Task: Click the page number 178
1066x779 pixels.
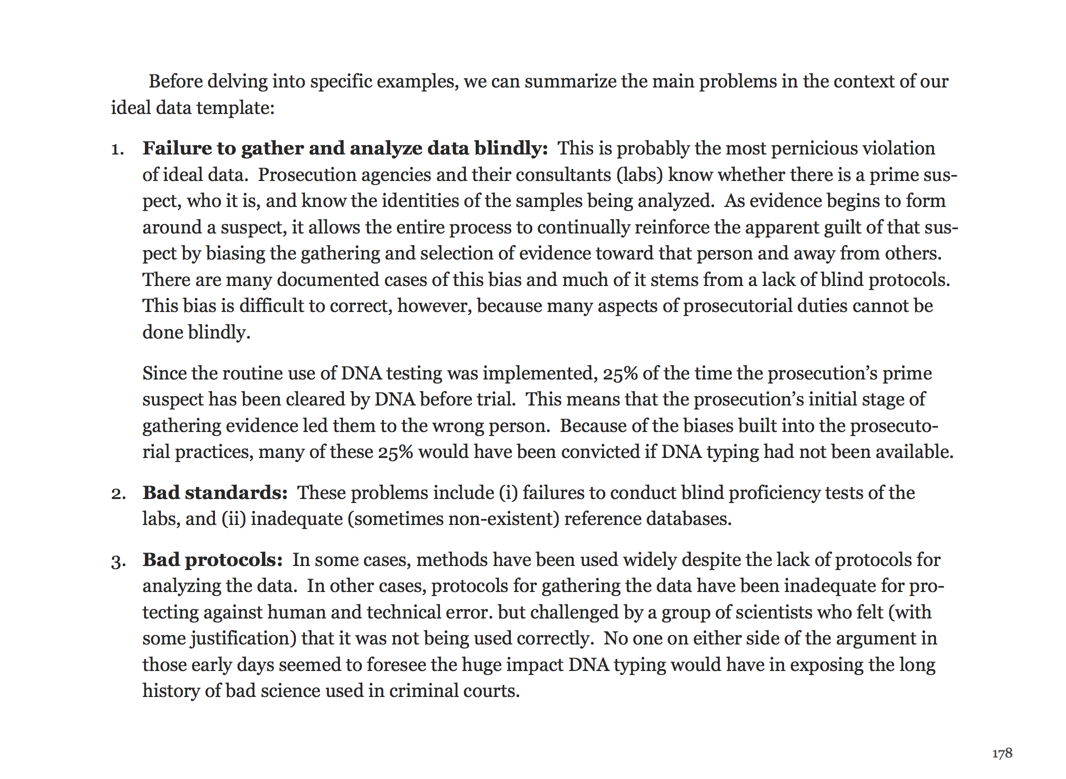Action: pyautogui.click(x=1002, y=753)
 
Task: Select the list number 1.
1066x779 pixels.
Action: pyautogui.click(x=117, y=149)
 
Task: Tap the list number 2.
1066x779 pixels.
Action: pyautogui.click(x=118, y=494)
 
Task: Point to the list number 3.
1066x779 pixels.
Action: pyautogui.click(x=118, y=561)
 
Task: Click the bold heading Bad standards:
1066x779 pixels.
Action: pyautogui.click(x=215, y=493)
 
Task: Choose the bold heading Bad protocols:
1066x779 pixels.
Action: pyautogui.click(x=212, y=560)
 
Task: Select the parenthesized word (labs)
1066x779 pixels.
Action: pyautogui.click(x=639, y=175)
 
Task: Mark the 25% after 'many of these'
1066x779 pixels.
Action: pyautogui.click(x=395, y=452)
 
